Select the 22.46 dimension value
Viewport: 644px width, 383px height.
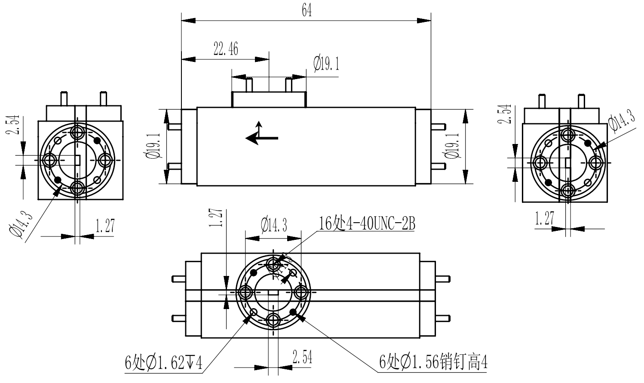tap(226, 49)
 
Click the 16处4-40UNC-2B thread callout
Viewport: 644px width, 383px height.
tap(367, 224)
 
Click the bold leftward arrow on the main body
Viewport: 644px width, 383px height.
tap(261, 138)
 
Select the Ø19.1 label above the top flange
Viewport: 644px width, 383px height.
tap(327, 64)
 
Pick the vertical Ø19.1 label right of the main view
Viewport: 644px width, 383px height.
tap(452, 146)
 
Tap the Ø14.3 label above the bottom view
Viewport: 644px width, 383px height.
tap(274, 224)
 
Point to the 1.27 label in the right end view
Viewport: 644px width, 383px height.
tap(545, 218)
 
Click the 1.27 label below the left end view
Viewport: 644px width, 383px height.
tap(105, 226)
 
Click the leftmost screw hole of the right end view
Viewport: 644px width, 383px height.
tap(540, 163)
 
